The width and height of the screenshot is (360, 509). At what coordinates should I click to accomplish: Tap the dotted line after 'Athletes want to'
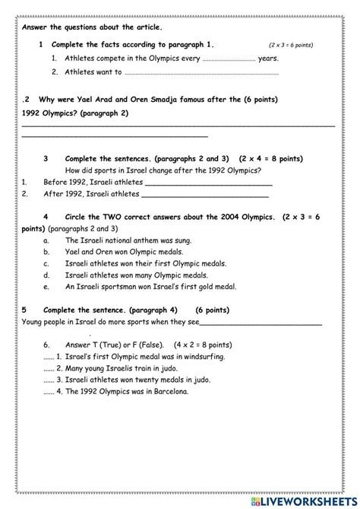click(x=201, y=73)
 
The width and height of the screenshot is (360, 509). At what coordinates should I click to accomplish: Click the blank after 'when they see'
click(x=259, y=323)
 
